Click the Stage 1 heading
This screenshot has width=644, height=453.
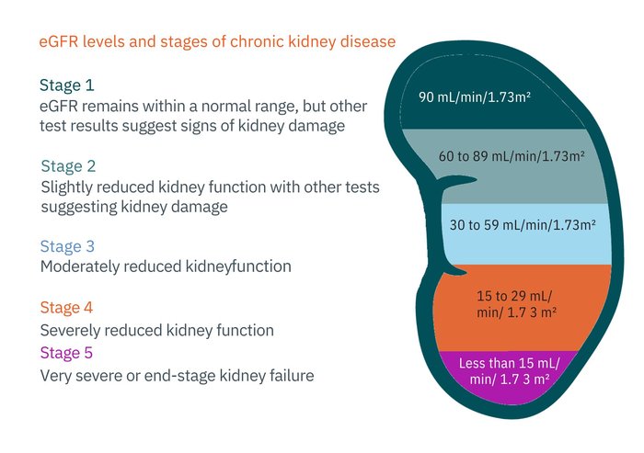(x=66, y=85)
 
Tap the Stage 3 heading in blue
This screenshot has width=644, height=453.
(x=67, y=246)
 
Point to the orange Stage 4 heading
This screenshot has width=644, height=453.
(x=66, y=308)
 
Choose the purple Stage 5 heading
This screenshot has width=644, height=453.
(x=66, y=353)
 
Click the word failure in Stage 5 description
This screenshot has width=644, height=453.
(x=290, y=375)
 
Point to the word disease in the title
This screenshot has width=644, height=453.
(x=368, y=42)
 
